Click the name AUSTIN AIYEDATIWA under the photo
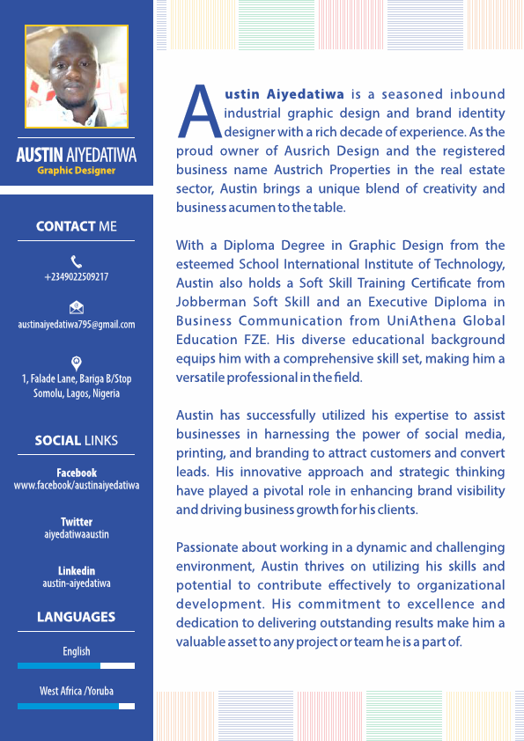tap(76, 155)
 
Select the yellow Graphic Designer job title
tap(76, 170)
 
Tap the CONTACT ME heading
tap(76, 226)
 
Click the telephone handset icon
tap(77, 260)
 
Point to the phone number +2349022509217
tap(76, 276)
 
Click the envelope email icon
tap(77, 307)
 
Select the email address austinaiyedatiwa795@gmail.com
tap(76, 324)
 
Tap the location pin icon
tap(77, 362)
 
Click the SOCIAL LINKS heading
tap(76, 440)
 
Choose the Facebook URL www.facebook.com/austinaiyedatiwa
tap(76, 485)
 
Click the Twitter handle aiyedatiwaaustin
tap(76, 534)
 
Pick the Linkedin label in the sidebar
tap(76, 570)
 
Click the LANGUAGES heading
tap(76, 617)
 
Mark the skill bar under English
tap(76, 665)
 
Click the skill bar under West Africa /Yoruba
tap(76, 706)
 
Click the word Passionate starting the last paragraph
tap(209, 547)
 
